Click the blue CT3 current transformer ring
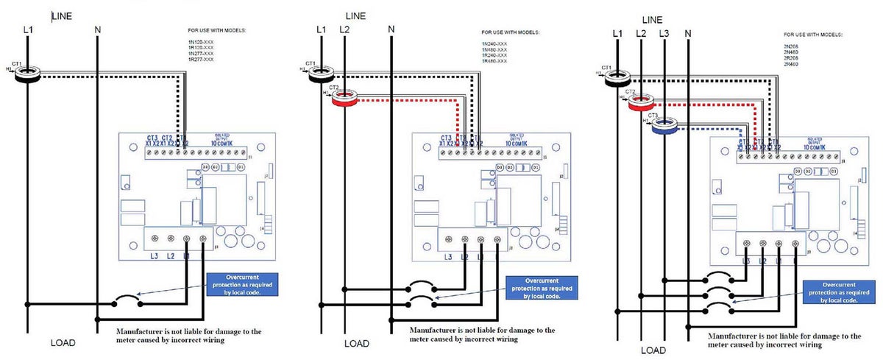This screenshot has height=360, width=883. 664,128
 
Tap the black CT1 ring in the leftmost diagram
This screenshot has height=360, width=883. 28,74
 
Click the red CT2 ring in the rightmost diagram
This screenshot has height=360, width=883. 642,104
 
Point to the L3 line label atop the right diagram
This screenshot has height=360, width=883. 664,34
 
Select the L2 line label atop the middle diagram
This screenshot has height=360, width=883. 344,29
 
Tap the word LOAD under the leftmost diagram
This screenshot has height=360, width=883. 64,343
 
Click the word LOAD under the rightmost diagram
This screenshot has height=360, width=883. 653,351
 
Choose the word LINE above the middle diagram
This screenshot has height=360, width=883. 355,15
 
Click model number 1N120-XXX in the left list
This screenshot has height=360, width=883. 199,43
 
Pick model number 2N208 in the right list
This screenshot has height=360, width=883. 792,46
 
